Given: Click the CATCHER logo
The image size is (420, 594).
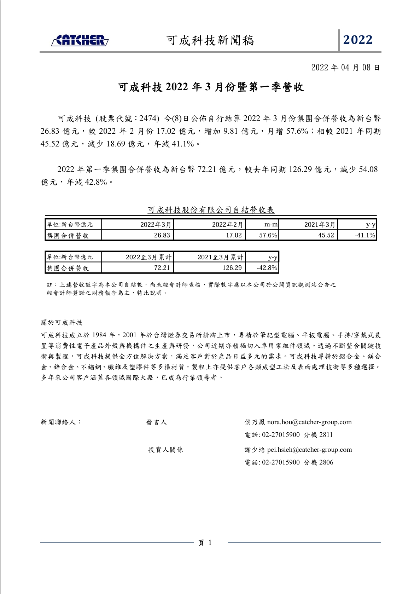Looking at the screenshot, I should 80,40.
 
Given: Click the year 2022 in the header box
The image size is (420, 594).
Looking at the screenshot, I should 358,40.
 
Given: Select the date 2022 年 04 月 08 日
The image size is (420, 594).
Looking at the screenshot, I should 345,68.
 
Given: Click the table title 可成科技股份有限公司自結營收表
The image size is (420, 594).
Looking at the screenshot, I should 211,210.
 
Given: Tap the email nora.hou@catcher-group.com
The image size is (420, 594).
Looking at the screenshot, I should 309,422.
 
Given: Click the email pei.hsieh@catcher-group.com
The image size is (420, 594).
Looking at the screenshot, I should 309,450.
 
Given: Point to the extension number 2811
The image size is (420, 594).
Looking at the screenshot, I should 326,435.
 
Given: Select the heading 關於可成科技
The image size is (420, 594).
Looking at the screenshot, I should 62,323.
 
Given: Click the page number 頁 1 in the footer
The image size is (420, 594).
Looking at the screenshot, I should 205,543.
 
